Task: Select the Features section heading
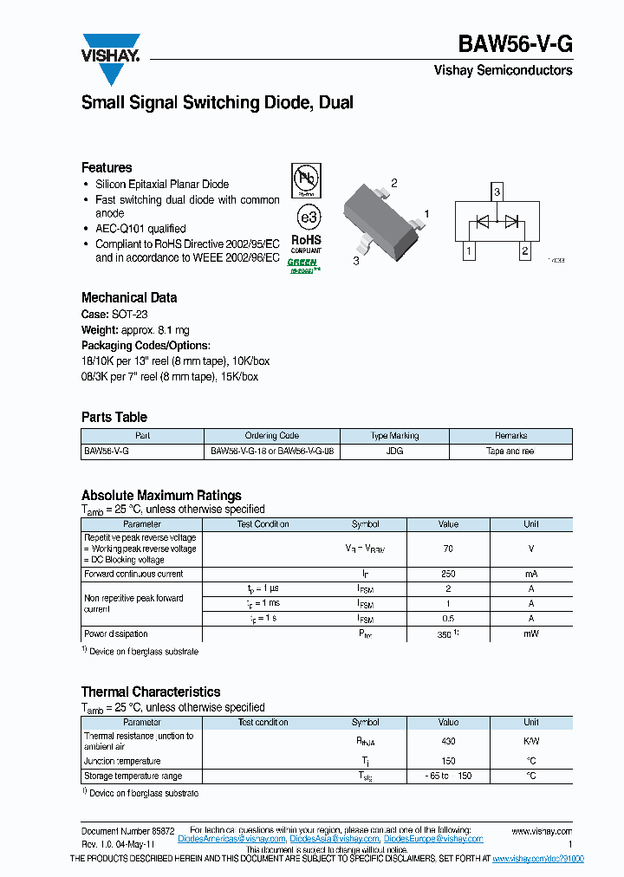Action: [x=107, y=167]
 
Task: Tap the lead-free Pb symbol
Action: [x=305, y=180]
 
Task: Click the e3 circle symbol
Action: [x=306, y=216]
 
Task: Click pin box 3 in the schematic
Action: [x=497, y=192]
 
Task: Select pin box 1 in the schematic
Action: [x=469, y=251]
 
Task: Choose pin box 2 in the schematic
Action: [x=524, y=251]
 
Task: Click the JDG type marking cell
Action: [x=394, y=451]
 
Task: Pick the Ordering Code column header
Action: [x=271, y=436]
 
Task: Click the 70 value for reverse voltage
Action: [x=448, y=549]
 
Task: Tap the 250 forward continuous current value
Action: [x=448, y=574]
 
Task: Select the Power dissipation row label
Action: [x=116, y=633]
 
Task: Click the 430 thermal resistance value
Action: [x=448, y=741]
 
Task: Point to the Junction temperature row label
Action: [x=121, y=761]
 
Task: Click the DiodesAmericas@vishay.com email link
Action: [x=231, y=839]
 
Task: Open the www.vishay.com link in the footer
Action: [x=542, y=830]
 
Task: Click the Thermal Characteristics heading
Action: [x=151, y=692]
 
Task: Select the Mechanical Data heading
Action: [x=129, y=297]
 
